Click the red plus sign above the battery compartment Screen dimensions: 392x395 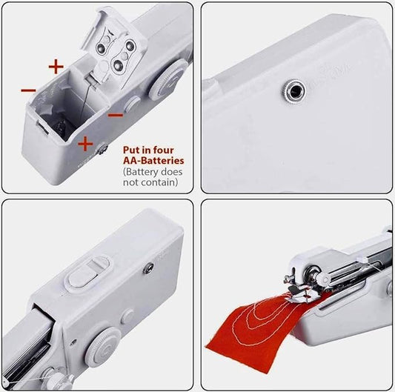coord(56,66)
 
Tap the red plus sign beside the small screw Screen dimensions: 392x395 coord(85,142)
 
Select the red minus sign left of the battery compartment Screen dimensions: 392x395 coord(28,90)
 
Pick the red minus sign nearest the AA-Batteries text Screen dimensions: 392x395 coord(116,115)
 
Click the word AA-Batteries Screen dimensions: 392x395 coord(153,159)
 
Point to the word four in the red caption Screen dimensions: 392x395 coord(170,149)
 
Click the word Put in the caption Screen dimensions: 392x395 coord(131,149)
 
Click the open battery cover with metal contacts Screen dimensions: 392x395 coord(119,48)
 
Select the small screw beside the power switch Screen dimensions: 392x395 coord(150,264)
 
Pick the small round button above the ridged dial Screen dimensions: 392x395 coord(128,314)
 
